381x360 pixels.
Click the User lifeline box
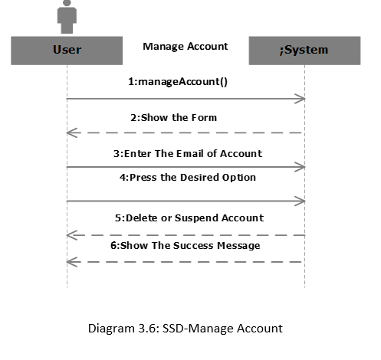[x=67, y=51]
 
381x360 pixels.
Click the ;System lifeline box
[x=304, y=51]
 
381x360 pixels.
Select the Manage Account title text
[x=185, y=47]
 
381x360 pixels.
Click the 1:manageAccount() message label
[x=178, y=81]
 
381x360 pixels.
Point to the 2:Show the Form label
[x=173, y=117]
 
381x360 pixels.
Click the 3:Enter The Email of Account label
[x=188, y=153]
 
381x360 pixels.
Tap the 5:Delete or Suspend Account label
[x=189, y=218]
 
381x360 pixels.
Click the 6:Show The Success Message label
[x=186, y=245]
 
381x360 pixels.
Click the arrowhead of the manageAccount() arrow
[x=301, y=98]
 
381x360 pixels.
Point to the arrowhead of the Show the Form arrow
[x=71, y=133]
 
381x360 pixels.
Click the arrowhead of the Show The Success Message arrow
[x=71, y=262]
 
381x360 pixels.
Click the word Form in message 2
[x=205, y=117]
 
